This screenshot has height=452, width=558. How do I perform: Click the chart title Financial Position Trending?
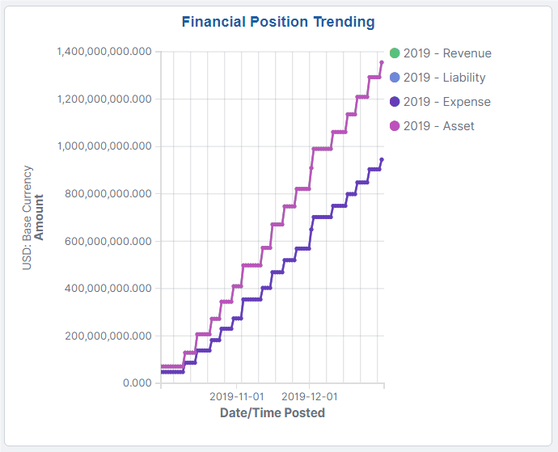(x=278, y=21)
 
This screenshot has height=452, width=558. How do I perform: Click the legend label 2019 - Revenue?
(x=446, y=53)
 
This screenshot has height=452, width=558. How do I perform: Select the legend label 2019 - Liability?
(x=446, y=78)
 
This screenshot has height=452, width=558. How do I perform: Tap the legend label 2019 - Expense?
(x=446, y=102)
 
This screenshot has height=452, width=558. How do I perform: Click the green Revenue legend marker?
(x=395, y=53)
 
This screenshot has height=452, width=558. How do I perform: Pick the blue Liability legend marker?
(x=395, y=78)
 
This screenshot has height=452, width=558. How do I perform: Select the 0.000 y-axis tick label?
(x=137, y=382)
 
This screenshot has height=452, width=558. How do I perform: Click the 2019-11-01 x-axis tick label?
(x=236, y=397)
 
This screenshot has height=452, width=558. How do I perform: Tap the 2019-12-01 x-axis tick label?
(x=309, y=397)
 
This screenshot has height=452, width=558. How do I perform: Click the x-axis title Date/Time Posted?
(x=273, y=412)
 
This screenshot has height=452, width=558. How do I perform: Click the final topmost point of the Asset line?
(x=382, y=62)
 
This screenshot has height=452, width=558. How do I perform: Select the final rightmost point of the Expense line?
(x=382, y=159)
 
